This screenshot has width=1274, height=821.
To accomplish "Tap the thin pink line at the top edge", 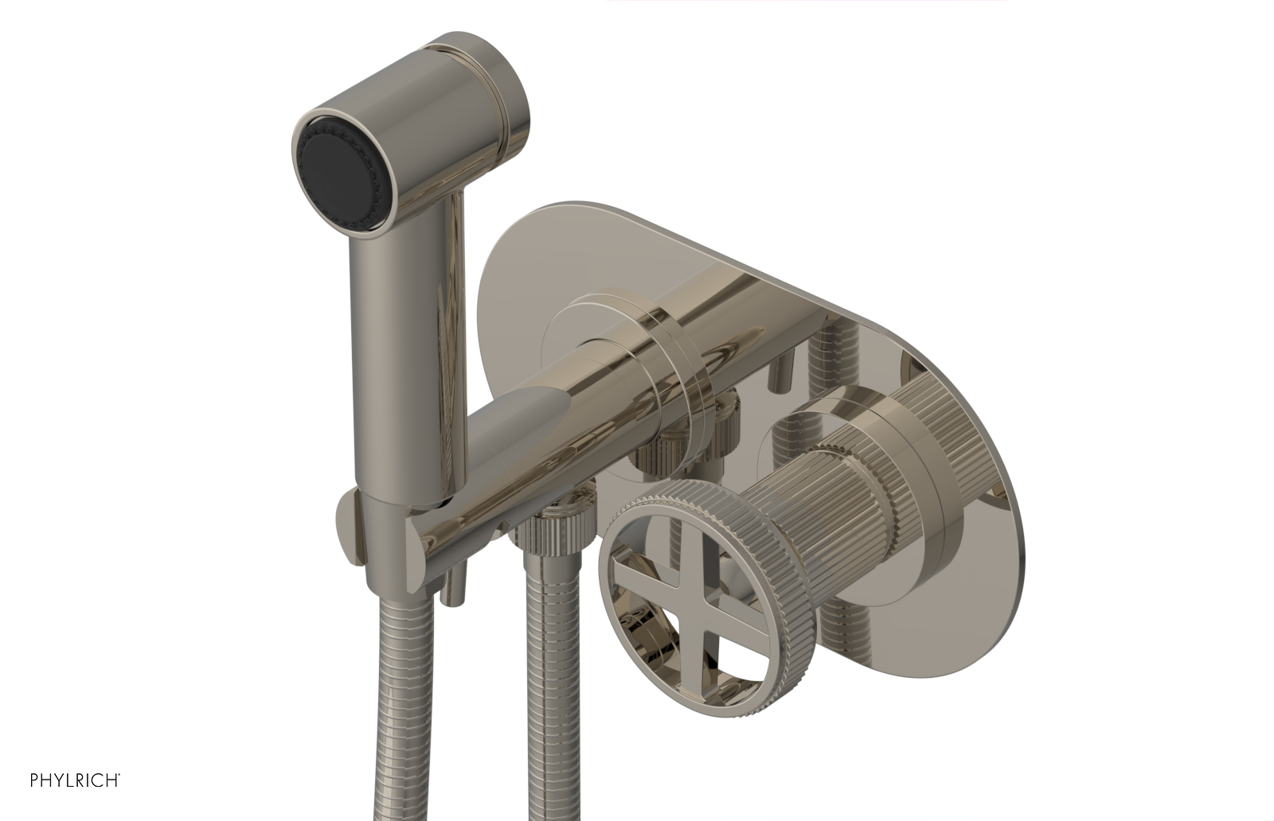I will (804, 1).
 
